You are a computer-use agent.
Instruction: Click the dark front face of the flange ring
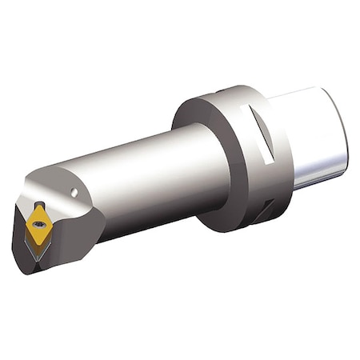[200, 160]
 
